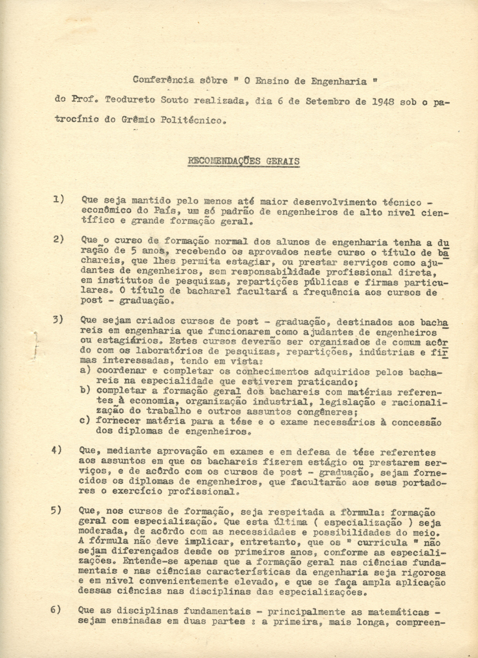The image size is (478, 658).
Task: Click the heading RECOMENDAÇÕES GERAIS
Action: tap(243, 161)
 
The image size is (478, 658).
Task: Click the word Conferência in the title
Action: tap(163, 81)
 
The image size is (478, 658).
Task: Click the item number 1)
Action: tap(59, 200)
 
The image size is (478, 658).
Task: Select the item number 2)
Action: tap(59, 239)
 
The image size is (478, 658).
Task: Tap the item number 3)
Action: tap(59, 320)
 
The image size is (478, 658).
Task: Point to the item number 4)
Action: tap(57, 450)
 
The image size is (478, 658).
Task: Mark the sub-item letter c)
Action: tap(86, 421)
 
